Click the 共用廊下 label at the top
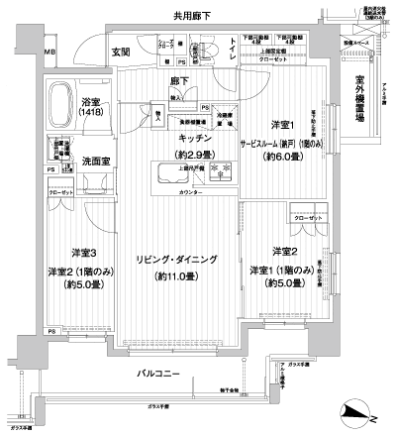click(x=197, y=17)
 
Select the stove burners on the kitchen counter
click(x=221, y=169)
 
